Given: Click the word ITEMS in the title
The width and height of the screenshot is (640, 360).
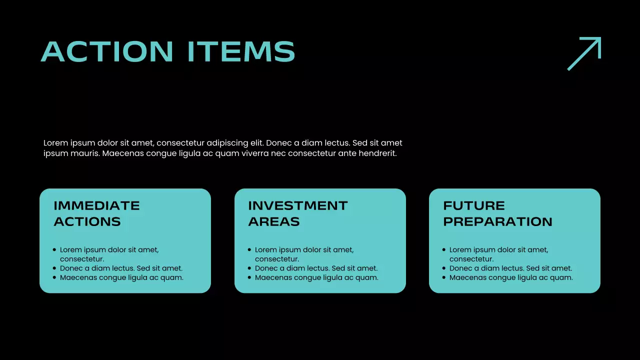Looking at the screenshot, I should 241,51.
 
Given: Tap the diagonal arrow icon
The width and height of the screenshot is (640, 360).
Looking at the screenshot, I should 584,53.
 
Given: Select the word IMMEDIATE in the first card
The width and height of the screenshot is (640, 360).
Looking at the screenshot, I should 96,205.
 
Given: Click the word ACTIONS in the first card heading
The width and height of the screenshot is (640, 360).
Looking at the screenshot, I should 87,221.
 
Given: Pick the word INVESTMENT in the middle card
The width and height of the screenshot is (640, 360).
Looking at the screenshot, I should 297,205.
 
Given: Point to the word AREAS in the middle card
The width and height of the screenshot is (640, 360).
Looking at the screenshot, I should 273,221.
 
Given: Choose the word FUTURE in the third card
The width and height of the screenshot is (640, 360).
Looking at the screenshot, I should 474,205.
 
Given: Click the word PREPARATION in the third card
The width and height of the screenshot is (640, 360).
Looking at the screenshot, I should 497,221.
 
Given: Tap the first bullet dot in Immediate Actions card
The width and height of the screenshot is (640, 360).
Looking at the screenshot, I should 54,249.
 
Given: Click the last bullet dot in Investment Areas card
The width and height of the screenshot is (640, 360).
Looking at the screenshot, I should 249,277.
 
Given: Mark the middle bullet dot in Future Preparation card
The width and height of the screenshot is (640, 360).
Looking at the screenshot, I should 444,268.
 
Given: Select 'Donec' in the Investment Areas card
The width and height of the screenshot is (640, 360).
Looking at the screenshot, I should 266,268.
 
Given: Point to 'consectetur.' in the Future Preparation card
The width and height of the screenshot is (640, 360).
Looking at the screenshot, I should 471,259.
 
